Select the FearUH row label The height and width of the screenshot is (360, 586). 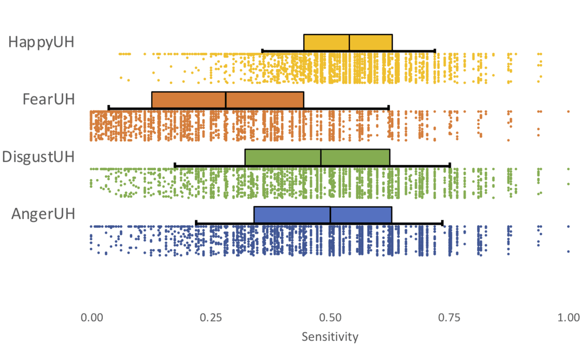[x=49, y=99]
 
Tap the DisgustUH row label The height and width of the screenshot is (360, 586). [x=39, y=156]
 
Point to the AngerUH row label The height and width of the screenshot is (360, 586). [x=44, y=214]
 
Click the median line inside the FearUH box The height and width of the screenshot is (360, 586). [x=226, y=100]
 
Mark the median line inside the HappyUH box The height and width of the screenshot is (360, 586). [x=350, y=42]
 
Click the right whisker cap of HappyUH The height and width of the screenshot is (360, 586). [x=435, y=50]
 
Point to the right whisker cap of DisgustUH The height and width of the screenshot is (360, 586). [x=450, y=165]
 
